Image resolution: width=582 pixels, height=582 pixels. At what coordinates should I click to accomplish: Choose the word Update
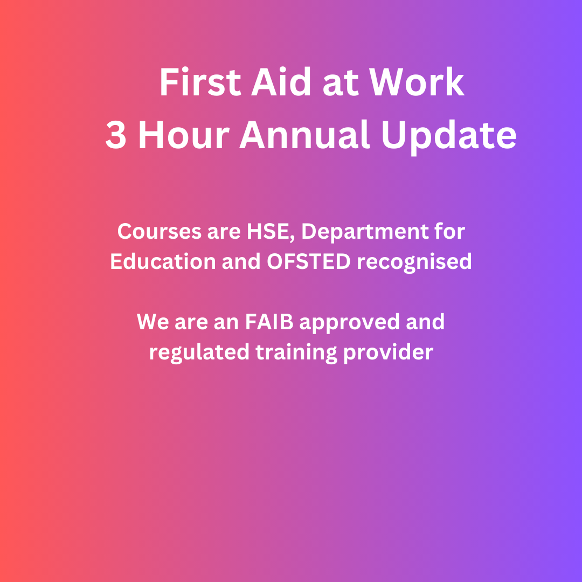pyautogui.click(x=448, y=135)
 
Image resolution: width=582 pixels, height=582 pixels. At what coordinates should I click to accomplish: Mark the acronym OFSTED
pyautogui.click(x=309, y=261)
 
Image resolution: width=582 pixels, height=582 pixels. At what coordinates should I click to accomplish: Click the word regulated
pyautogui.click(x=199, y=352)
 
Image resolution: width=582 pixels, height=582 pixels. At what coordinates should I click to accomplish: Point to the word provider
pyautogui.click(x=387, y=352)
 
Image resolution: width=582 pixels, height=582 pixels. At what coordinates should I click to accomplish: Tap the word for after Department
pyautogui.click(x=450, y=232)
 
